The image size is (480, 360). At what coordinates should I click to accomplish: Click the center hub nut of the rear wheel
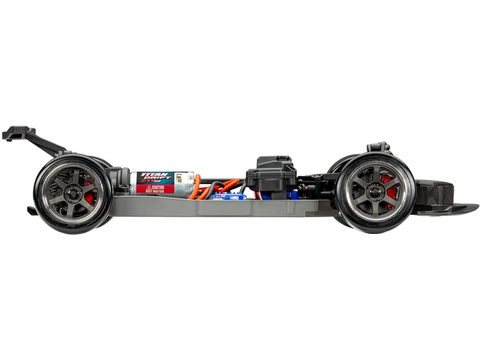[72, 194]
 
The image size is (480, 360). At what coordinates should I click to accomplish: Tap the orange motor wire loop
[196, 191]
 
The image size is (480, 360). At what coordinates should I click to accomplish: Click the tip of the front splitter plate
[474, 207]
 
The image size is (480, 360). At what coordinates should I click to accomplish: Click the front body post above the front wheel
[378, 147]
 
